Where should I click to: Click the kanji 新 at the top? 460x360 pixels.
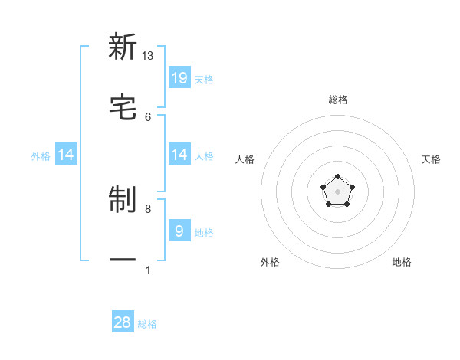123,47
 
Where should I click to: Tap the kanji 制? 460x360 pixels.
123,201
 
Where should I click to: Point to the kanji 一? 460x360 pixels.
123,260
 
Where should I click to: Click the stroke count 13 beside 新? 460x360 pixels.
147,56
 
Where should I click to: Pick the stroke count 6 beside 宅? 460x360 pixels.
148,116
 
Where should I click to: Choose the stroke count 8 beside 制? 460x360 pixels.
148,208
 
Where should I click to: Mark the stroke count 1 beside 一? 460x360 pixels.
148,270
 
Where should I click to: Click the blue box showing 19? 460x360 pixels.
179,77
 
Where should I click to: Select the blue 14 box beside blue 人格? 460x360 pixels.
179,155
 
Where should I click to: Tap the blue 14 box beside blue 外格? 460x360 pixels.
66,155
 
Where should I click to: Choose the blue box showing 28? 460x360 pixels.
123,322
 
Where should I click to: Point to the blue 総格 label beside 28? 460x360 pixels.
147,324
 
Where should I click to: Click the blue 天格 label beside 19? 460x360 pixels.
204,79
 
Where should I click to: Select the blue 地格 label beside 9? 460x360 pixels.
204,233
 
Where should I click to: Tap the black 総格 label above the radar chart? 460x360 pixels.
338,100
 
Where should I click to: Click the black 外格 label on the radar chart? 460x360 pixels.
270,262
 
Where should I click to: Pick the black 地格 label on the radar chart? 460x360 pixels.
402,262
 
